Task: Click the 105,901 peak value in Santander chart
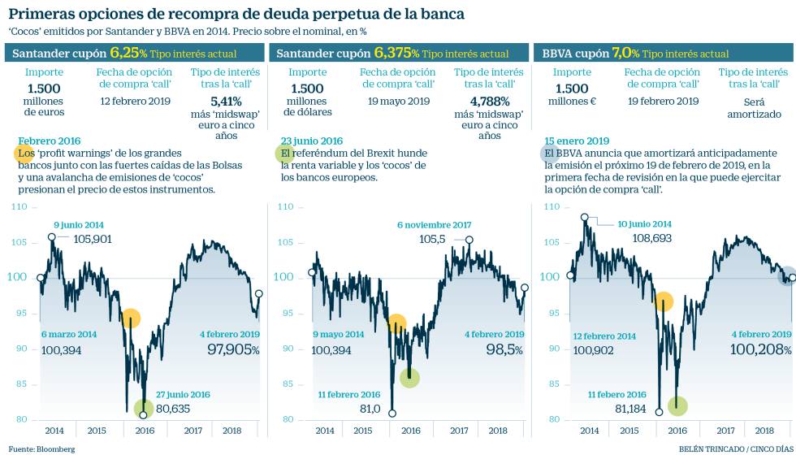click(93, 239)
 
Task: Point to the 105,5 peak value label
click(432, 240)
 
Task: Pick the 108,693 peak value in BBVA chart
click(651, 239)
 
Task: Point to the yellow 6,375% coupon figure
click(397, 53)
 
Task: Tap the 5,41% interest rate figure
click(226, 102)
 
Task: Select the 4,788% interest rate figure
click(489, 102)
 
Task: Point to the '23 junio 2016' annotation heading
click(311, 141)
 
